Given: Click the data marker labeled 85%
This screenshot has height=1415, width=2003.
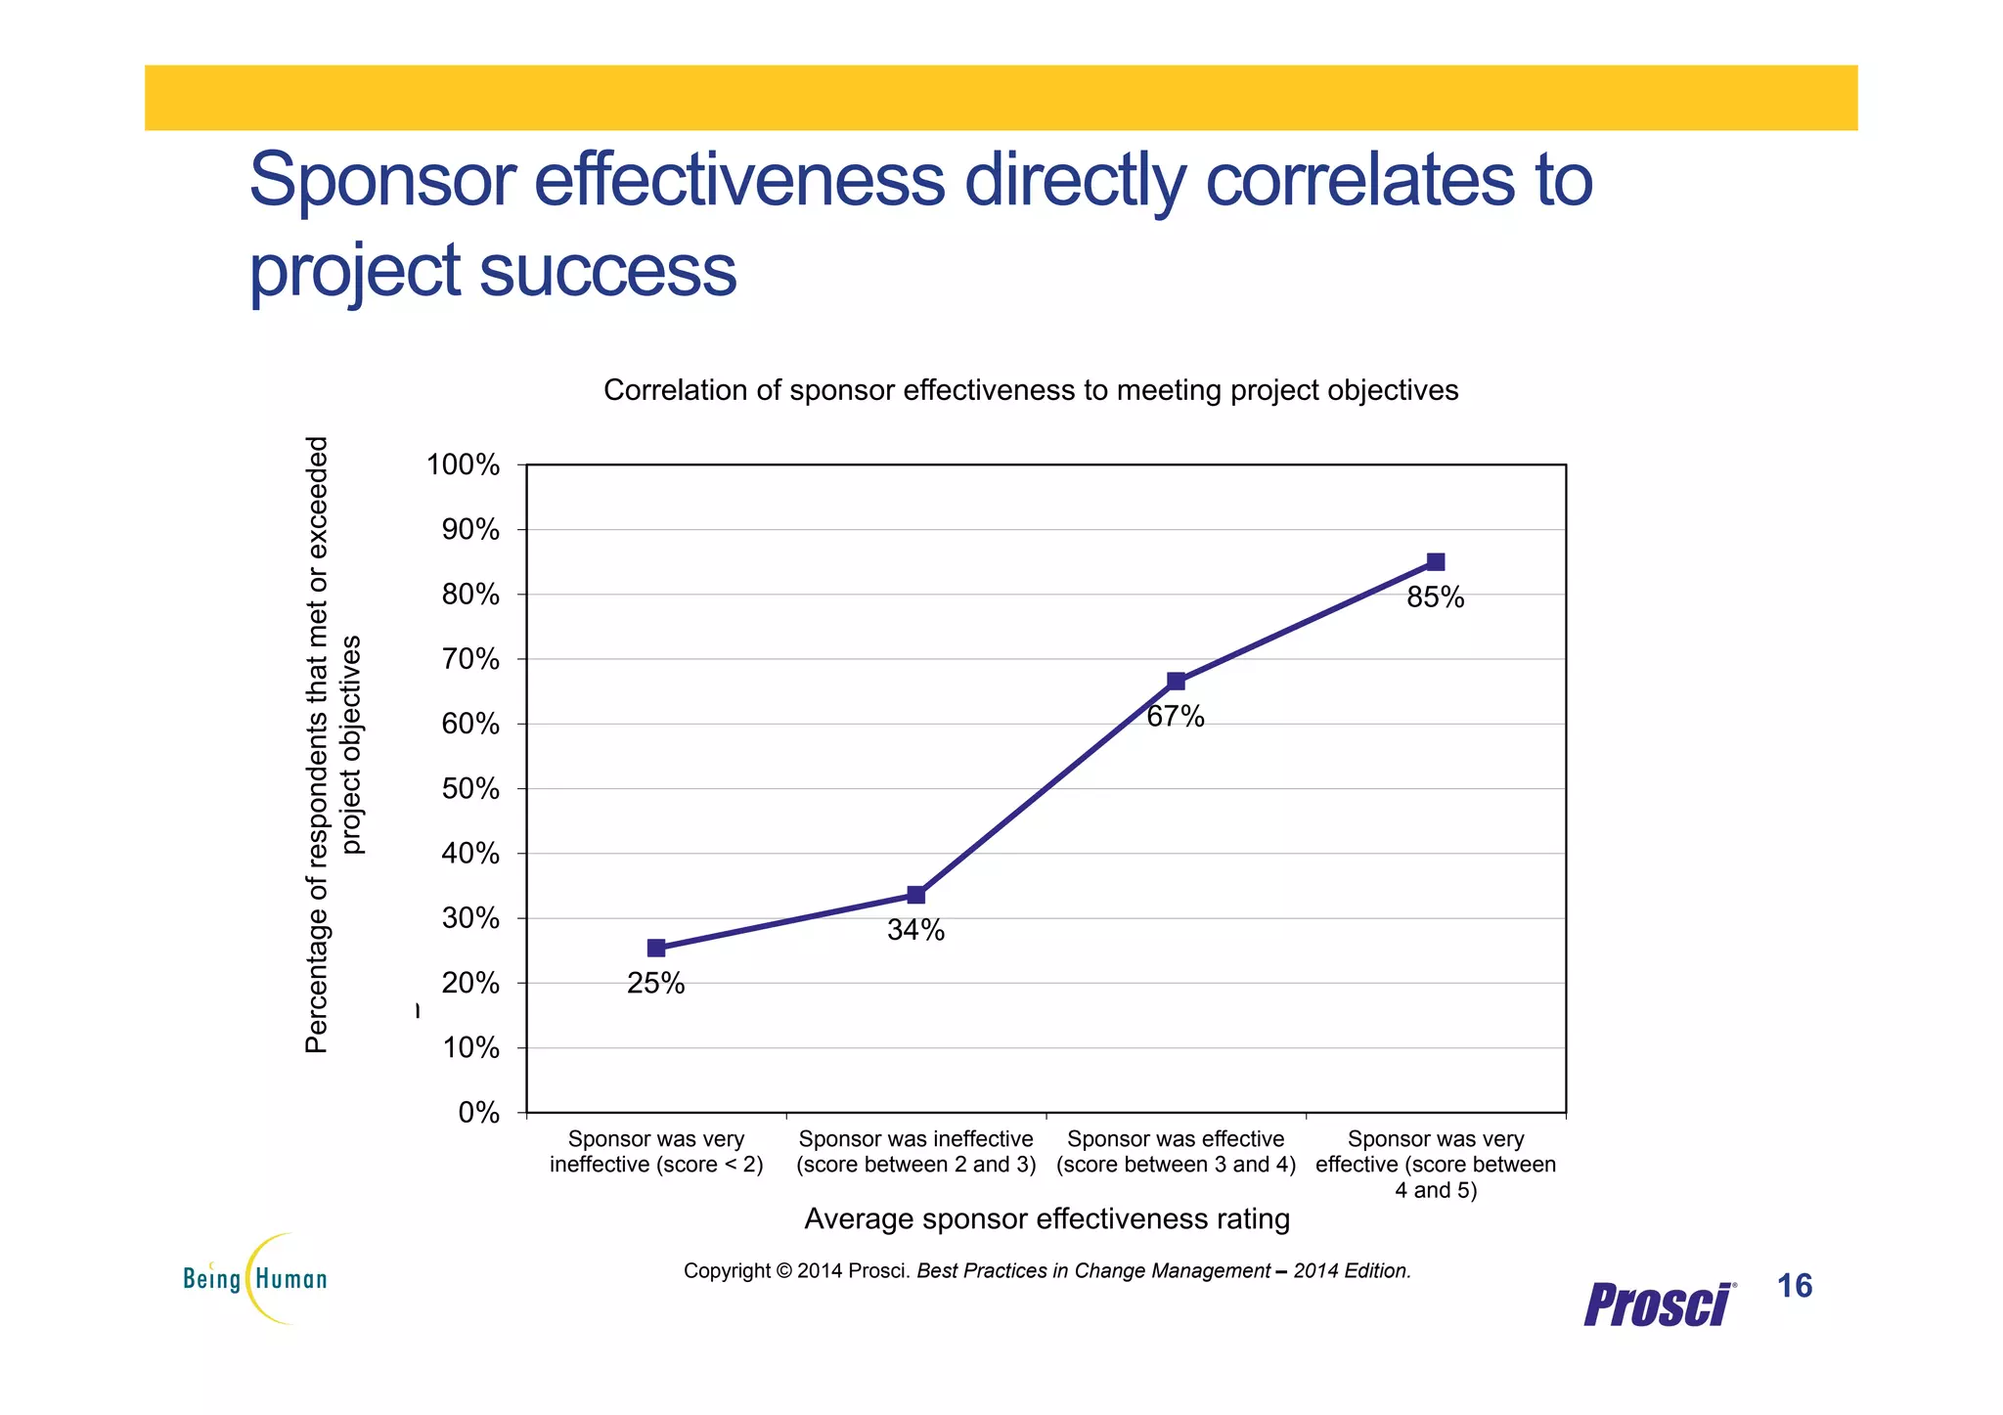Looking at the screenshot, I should coord(1435,561).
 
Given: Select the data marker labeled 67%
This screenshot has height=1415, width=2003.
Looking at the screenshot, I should coord(1176,681).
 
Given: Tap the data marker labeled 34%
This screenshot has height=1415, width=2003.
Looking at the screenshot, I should coord(915,895).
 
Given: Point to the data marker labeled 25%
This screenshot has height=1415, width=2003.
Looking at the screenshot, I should coord(656,948).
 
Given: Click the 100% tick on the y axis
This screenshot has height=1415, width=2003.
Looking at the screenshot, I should coord(463,464).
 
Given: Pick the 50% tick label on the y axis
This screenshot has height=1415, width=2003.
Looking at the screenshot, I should coord(470,788).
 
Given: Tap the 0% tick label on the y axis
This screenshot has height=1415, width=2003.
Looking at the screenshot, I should coord(478,1113).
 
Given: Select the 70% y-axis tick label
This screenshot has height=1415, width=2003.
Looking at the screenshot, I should coord(470,659).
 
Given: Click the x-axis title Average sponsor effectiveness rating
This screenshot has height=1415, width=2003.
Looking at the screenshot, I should coord(1046,1218).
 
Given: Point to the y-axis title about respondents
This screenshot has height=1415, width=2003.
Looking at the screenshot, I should coord(333,745).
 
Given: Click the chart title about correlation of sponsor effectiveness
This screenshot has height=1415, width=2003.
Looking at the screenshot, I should coord(1030,390).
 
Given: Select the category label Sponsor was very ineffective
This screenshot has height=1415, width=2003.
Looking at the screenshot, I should coord(656,1151).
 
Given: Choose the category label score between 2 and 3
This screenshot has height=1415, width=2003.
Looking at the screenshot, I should coord(915,1152).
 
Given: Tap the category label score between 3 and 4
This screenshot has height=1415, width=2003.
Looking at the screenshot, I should coord(1176,1152).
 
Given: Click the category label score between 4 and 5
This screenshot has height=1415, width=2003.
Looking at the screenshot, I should coord(1435,1164).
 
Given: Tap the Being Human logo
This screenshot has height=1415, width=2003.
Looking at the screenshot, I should coord(255,1278).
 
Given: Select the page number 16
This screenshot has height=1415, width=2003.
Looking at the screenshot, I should coord(1795,1286).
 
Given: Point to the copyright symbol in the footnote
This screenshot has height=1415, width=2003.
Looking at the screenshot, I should coord(783,1271).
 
